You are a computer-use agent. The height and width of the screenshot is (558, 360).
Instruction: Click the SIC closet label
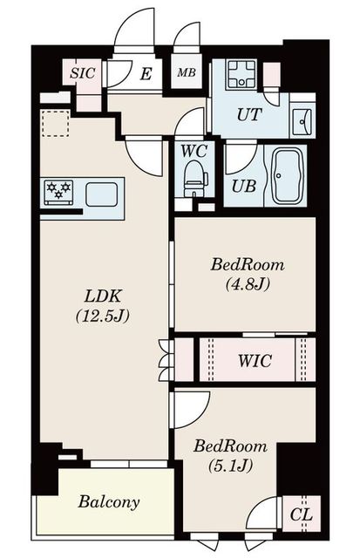(x=83, y=73)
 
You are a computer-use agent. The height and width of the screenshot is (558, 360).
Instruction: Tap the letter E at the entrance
(x=146, y=74)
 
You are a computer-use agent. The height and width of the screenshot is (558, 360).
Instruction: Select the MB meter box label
(x=187, y=72)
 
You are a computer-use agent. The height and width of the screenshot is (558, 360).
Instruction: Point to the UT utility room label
(x=249, y=114)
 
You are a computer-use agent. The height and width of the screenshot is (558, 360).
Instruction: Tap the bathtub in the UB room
(x=288, y=176)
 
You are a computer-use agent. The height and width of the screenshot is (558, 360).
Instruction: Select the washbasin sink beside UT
(x=302, y=120)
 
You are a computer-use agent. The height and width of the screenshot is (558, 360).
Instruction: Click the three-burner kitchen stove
(x=58, y=192)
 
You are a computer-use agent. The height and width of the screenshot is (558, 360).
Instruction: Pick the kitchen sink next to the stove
(x=102, y=194)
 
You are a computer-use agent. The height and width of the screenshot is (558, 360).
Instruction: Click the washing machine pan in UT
(x=242, y=74)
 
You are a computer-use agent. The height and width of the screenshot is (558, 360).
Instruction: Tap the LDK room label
(x=103, y=296)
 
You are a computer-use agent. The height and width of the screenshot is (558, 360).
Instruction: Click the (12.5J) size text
(x=103, y=316)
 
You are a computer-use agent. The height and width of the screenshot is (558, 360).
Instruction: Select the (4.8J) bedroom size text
(x=248, y=283)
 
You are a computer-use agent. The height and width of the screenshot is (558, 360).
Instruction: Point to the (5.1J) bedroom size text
(x=230, y=465)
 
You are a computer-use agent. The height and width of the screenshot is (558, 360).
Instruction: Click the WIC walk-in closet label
(x=255, y=360)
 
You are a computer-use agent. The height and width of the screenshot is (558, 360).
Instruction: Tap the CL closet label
(x=301, y=514)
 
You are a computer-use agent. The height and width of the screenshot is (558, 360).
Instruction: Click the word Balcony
(x=109, y=502)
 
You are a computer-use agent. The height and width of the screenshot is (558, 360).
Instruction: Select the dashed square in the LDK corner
(x=55, y=124)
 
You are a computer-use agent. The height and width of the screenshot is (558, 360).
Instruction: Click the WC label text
(x=194, y=151)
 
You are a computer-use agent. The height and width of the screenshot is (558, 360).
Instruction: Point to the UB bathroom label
(x=244, y=186)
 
